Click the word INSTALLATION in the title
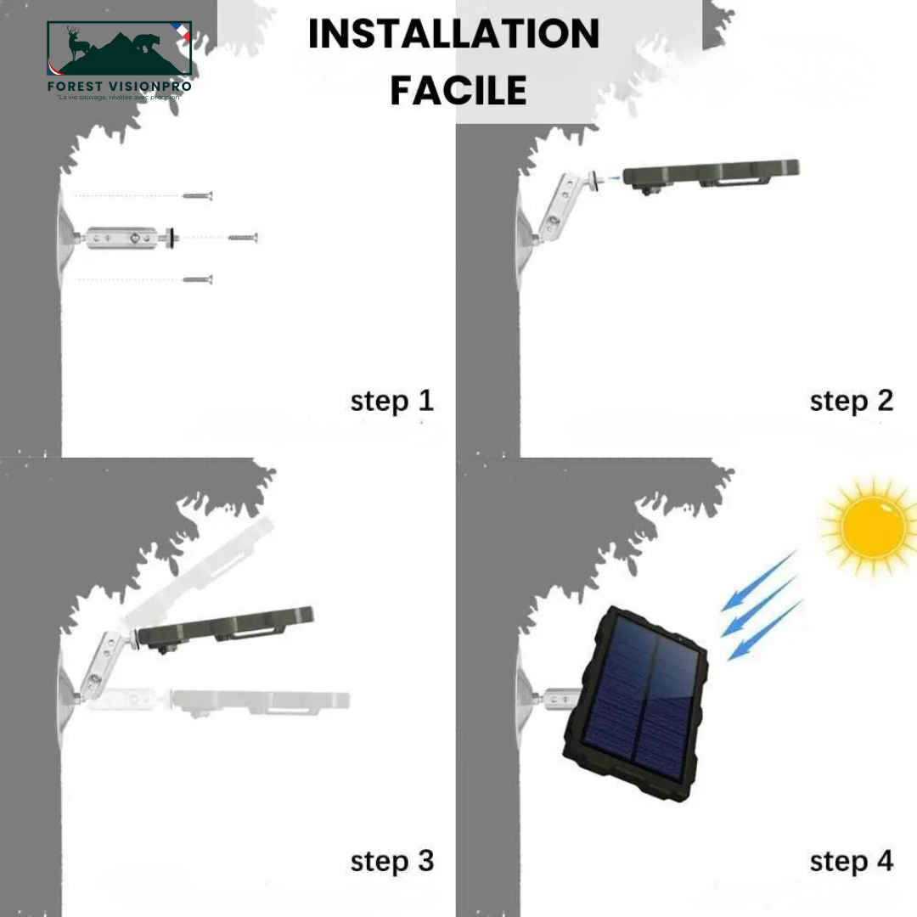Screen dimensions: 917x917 pos(453,35)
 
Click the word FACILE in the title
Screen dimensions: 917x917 pos(458,90)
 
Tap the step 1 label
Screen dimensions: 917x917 pos(391,401)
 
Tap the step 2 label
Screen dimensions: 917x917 pos(851,401)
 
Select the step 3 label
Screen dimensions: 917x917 pos(391,861)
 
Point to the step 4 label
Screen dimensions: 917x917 pos(851,861)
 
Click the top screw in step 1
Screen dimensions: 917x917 pos(197,196)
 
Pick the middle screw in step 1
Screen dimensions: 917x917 pos(242,238)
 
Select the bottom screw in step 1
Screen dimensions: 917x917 pos(197,279)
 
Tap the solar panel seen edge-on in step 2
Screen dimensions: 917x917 pos(710,174)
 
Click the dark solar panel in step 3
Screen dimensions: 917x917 pos(225,627)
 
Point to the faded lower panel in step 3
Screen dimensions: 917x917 pos(259,700)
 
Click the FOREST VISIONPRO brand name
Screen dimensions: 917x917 pos(120,86)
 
